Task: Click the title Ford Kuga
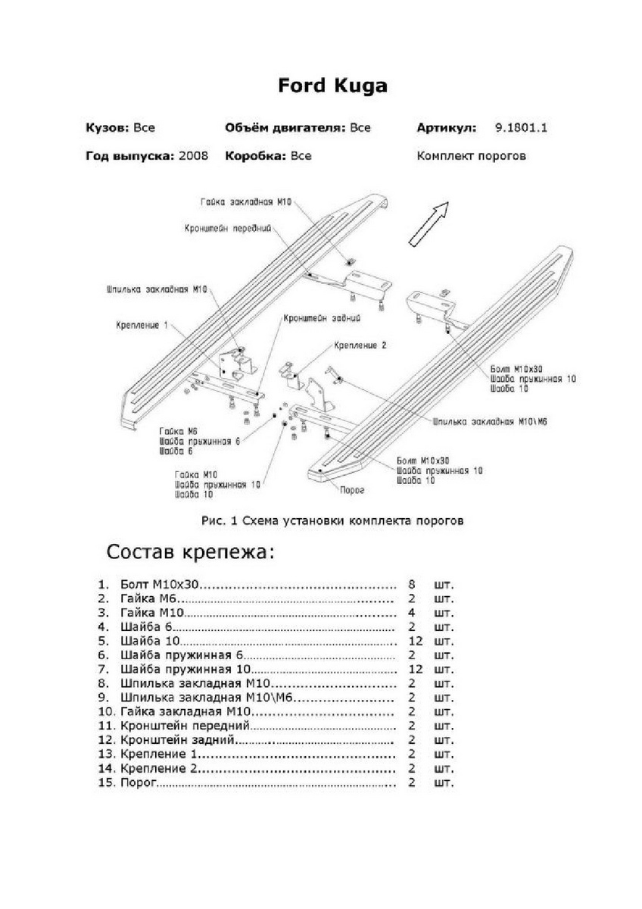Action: pyautogui.click(x=332, y=86)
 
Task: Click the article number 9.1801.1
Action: pyautogui.click(x=521, y=128)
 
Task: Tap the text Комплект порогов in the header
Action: pyautogui.click(x=471, y=156)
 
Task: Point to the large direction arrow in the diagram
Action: pyautogui.click(x=429, y=223)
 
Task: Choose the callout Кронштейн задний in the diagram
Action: pyautogui.click(x=322, y=319)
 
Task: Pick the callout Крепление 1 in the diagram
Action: pyautogui.click(x=142, y=325)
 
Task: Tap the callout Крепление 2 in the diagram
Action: pyautogui.click(x=360, y=345)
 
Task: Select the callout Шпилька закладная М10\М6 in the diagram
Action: pyautogui.click(x=489, y=420)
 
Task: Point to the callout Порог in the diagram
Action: pyautogui.click(x=353, y=490)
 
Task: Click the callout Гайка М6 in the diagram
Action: pyautogui.click(x=173, y=430)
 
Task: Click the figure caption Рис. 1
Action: pyautogui.click(x=332, y=520)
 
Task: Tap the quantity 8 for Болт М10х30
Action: pyautogui.click(x=412, y=586)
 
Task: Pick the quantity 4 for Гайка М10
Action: pyautogui.click(x=412, y=613)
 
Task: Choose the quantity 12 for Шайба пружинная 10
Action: pyautogui.click(x=414, y=670)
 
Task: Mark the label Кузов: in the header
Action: pyautogui.click(x=107, y=128)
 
